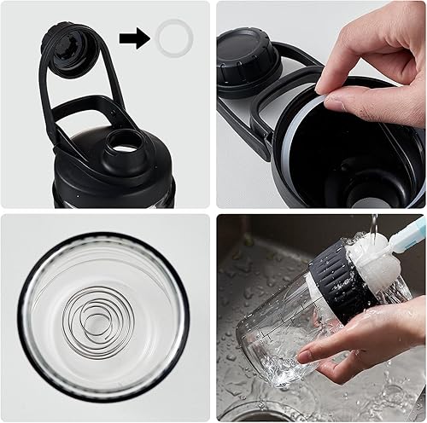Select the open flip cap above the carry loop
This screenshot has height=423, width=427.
(68, 43)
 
